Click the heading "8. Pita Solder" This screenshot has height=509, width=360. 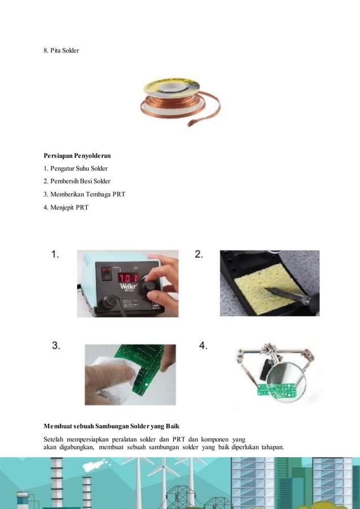coord(62,51)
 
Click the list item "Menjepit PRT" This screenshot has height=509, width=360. coord(66,207)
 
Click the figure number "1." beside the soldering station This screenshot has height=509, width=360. coord(56,255)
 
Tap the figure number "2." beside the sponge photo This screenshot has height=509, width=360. coord(199,255)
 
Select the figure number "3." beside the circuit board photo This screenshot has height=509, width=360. coord(56,345)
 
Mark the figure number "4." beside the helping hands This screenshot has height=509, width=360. coord(203,345)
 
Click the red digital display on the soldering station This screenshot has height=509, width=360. coord(129,277)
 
